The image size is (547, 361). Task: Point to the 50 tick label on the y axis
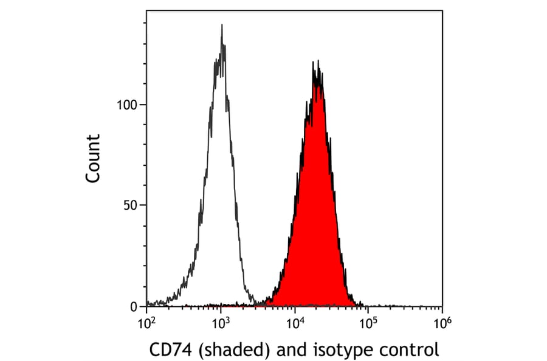(131, 205)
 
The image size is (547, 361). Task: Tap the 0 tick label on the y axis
(134, 306)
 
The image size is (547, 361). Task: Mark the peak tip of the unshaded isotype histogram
(222, 25)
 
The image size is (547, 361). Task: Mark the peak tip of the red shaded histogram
(316, 61)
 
